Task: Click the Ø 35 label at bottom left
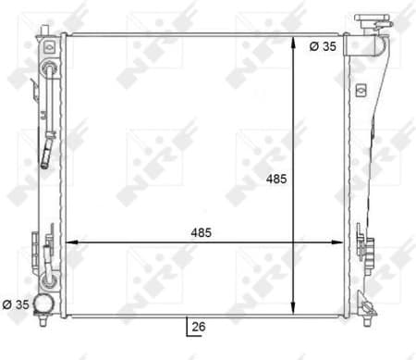18,303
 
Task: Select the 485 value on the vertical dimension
278,179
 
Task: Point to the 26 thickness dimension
199,326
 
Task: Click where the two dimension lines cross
293,242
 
